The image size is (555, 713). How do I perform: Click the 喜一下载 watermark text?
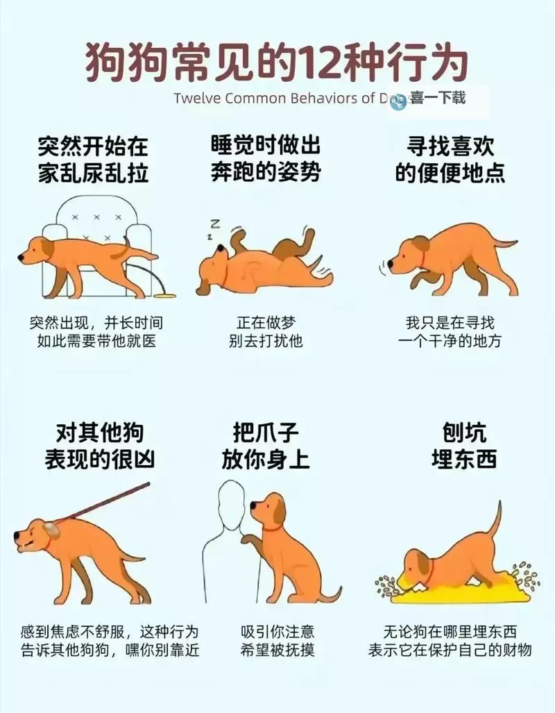[436, 99]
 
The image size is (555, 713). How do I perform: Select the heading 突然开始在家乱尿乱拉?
[94, 160]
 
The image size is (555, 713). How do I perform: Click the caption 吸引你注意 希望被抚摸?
[277, 641]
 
